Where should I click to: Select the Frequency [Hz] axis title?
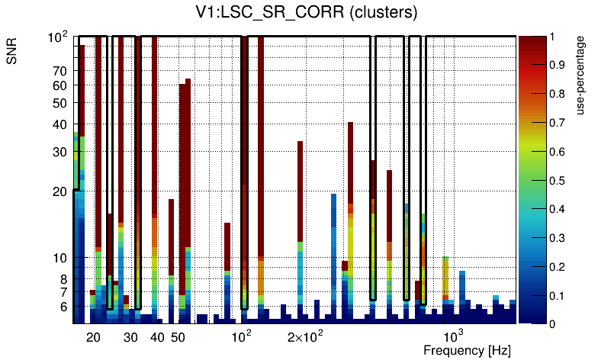click(467, 351)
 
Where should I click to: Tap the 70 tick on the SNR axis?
click(60, 71)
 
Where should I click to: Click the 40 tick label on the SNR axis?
click(60, 125)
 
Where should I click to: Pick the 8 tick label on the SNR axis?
click(64, 279)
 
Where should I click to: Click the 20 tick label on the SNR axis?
click(60, 191)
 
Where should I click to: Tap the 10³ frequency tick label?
click(454, 336)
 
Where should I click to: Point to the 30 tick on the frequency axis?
click(130, 338)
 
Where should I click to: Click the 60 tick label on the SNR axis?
click(60, 85)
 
